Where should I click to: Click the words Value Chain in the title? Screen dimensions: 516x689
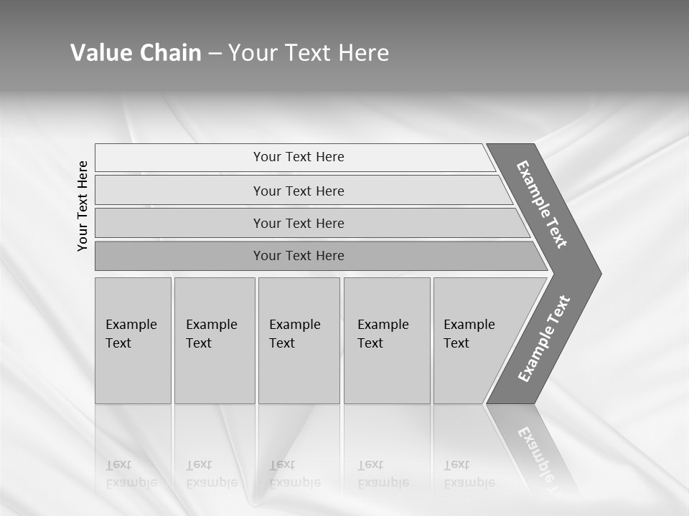click(136, 53)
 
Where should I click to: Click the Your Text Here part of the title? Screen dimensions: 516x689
click(309, 53)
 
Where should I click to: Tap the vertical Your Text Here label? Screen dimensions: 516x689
click(83, 206)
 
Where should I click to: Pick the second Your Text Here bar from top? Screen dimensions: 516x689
click(298, 191)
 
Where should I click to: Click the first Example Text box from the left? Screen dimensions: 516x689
click(133, 340)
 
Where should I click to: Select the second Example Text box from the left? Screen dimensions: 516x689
click(215, 340)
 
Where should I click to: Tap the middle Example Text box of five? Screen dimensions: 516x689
click(299, 340)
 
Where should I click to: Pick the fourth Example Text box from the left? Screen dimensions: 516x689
click(387, 340)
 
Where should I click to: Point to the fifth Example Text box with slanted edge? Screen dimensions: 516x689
click(474, 340)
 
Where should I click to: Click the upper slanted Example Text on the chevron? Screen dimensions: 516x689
click(542, 204)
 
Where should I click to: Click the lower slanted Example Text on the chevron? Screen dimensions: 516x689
click(543, 339)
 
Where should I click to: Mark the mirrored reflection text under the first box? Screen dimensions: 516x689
click(131, 474)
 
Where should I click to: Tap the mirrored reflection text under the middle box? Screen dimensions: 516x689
click(295, 474)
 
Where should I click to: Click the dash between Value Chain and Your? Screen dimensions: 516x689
click(215, 54)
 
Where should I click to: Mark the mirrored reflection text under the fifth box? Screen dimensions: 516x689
click(469, 474)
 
